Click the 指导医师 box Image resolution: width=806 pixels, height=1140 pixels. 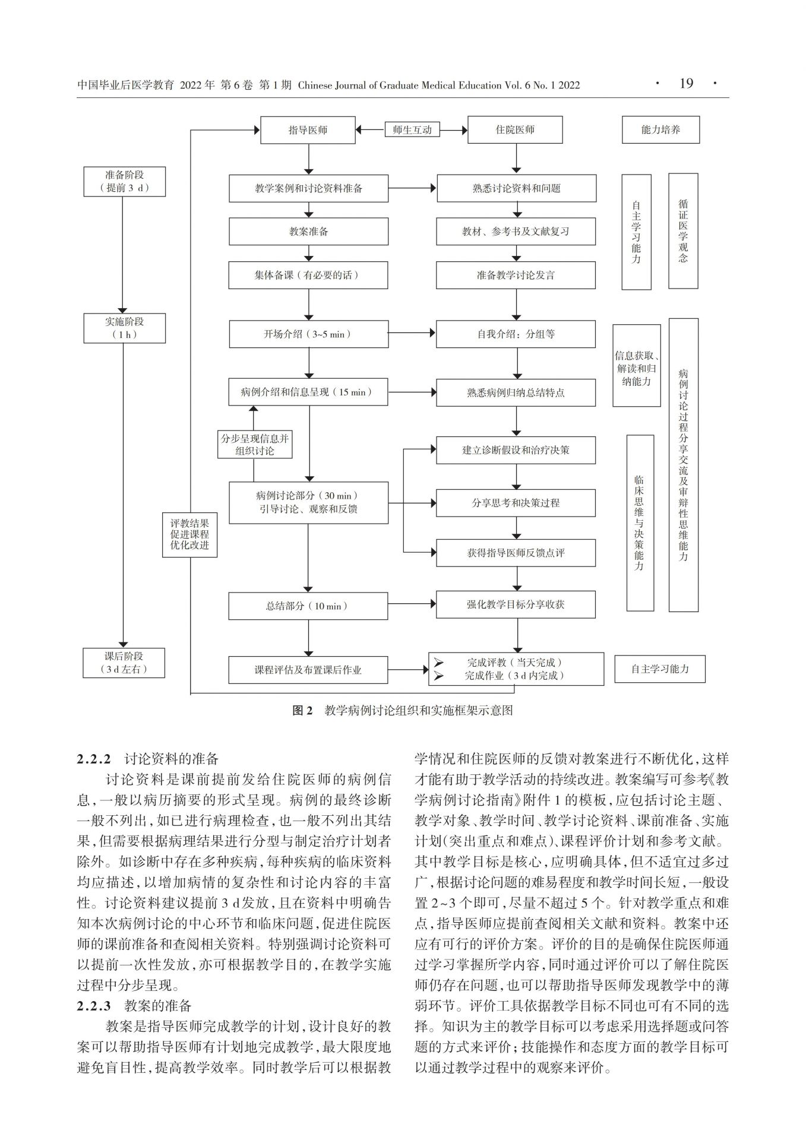pyautogui.click(x=308, y=130)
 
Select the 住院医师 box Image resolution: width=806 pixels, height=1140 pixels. pyautogui.click(x=515, y=130)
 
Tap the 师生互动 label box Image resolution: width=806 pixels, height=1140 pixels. pyautogui.click(x=412, y=129)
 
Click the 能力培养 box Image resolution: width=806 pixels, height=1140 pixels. pyautogui.click(x=660, y=130)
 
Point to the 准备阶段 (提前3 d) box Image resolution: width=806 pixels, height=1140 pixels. pyautogui.click(x=125, y=182)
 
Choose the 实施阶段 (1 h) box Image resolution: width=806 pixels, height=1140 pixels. pyautogui.click(x=125, y=328)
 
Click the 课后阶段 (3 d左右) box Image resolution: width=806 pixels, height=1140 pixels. pyautogui.click(x=124, y=663)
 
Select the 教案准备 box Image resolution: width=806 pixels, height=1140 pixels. pyautogui.click(x=308, y=232)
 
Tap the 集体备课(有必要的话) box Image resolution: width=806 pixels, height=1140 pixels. pyautogui.click(x=308, y=275)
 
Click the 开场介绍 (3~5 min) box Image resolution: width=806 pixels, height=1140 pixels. pyautogui.click(x=308, y=334)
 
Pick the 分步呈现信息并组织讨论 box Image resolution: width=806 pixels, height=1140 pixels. pyautogui.click(x=255, y=445)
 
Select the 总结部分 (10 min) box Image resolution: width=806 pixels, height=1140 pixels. pyautogui.click(x=308, y=606)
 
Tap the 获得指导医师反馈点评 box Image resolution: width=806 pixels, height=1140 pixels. pyautogui.click(x=516, y=553)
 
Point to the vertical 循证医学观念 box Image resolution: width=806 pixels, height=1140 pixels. pyautogui.click(x=683, y=231)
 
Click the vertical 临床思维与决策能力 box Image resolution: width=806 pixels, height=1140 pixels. pyautogui.click(x=640, y=522)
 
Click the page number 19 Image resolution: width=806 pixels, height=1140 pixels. pyautogui.click(x=686, y=84)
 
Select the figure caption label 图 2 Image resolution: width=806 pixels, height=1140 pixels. pyautogui.click(x=302, y=711)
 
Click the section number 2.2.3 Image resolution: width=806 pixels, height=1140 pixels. pyautogui.click(x=94, y=1006)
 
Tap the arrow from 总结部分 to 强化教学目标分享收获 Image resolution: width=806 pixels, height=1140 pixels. pyautogui.click(x=412, y=604)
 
